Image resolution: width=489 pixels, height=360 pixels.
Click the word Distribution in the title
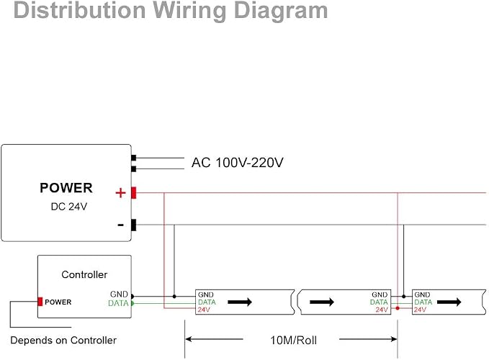click(79, 10)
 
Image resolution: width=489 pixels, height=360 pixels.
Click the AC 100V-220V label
click(238, 163)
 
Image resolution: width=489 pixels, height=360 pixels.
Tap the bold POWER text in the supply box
click(66, 188)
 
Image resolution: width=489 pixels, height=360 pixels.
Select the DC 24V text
click(69, 207)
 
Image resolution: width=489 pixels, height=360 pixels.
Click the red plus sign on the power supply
click(120, 193)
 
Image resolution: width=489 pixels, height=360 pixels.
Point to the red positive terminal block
click(133, 193)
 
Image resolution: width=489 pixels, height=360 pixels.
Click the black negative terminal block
click(133, 225)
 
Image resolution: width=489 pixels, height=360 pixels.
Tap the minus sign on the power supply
click(121, 225)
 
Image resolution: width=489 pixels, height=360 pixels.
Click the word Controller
click(84, 274)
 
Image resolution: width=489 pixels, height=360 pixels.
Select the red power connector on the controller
click(40, 302)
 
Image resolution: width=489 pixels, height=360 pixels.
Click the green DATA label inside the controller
click(118, 303)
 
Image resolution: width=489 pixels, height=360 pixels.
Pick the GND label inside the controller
click(119, 294)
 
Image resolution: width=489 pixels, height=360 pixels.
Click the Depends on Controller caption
click(63, 340)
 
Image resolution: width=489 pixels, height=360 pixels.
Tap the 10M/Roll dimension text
click(293, 340)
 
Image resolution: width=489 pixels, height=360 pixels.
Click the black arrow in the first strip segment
click(240, 302)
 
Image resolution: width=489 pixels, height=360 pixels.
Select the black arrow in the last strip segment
click(449, 302)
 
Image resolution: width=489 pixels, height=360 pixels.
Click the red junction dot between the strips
click(398, 308)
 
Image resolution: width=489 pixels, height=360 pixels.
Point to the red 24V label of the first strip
click(204, 310)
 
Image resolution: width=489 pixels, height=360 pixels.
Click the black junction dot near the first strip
click(174, 297)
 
